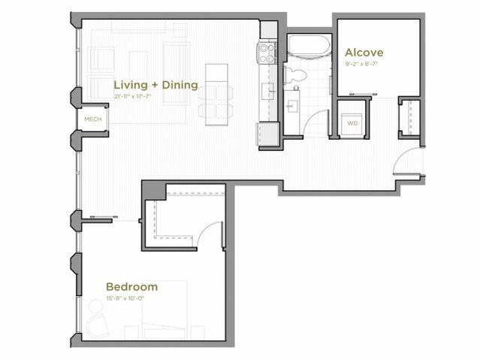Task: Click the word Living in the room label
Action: pyautogui.click(x=130, y=85)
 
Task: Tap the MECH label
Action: pyautogui.click(x=92, y=119)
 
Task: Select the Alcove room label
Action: pyautogui.click(x=364, y=53)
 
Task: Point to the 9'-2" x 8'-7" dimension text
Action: pyautogui.click(x=364, y=64)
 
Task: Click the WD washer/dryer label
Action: pyautogui.click(x=352, y=123)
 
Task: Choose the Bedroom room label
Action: pyautogui.click(x=131, y=286)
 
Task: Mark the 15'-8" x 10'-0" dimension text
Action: pyautogui.click(x=124, y=298)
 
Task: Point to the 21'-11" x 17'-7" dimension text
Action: pyautogui.click(x=139, y=96)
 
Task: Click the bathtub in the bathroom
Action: pyautogui.click(x=308, y=47)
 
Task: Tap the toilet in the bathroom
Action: pyautogui.click(x=294, y=73)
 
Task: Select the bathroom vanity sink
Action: pyautogui.click(x=292, y=104)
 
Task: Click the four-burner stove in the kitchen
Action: pyautogui.click(x=267, y=52)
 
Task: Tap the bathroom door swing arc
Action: pyautogui.click(x=320, y=123)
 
